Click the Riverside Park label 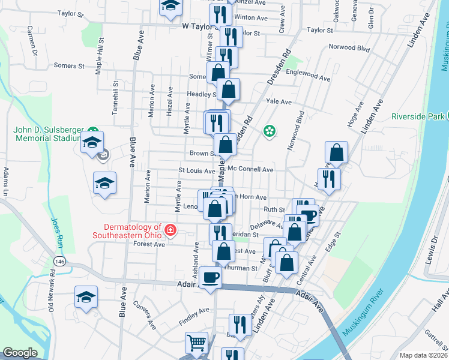[418, 116]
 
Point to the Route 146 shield [59, 262]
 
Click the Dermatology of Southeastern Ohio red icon [170, 230]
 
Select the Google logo [20, 353]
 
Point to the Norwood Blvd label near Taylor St [348, 47]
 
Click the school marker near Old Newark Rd [86, 297]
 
